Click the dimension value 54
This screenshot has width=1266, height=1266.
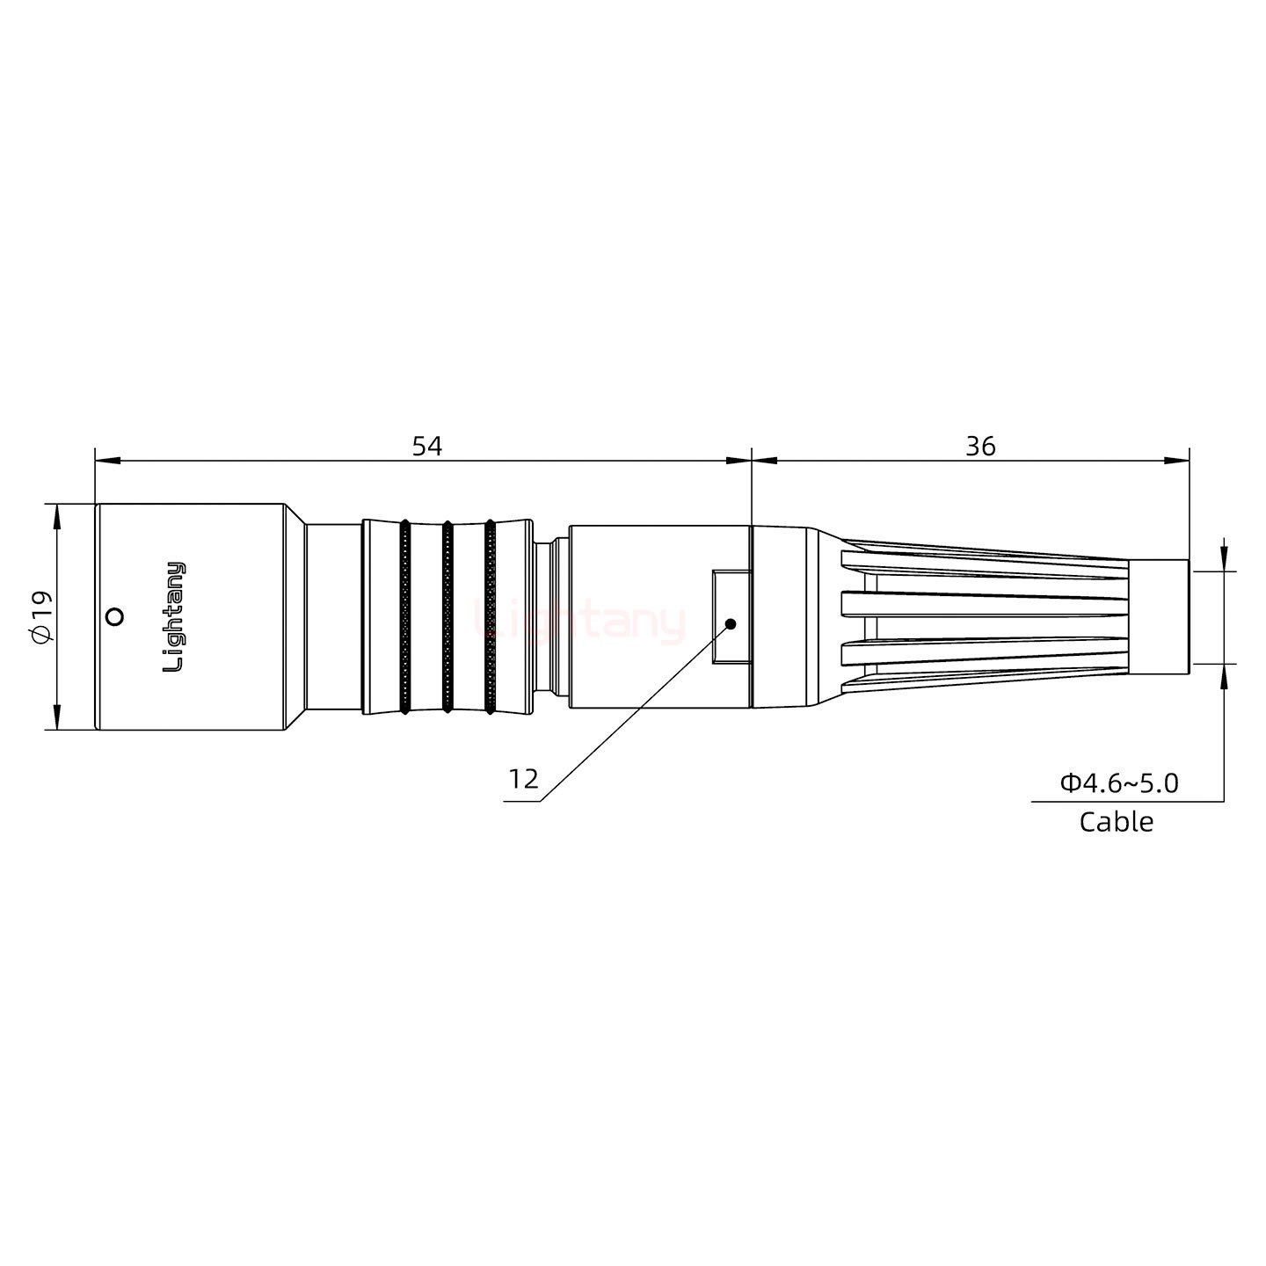[x=427, y=446]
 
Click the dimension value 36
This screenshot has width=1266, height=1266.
[x=980, y=446]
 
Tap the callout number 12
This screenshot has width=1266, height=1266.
[x=523, y=779]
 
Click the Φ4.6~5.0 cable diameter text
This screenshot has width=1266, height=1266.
[x=1119, y=782]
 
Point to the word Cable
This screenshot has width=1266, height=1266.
[x=1116, y=822]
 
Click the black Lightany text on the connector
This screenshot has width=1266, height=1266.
[x=175, y=616]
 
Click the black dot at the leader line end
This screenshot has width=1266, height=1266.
[x=730, y=624]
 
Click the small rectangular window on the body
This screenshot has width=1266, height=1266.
[x=731, y=616]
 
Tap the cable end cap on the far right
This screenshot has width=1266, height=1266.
[x=1159, y=616]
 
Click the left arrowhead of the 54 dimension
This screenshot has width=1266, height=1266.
[x=105, y=460]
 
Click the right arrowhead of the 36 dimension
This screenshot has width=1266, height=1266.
[x=1178, y=460]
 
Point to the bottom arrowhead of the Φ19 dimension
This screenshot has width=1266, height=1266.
[x=57, y=717]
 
